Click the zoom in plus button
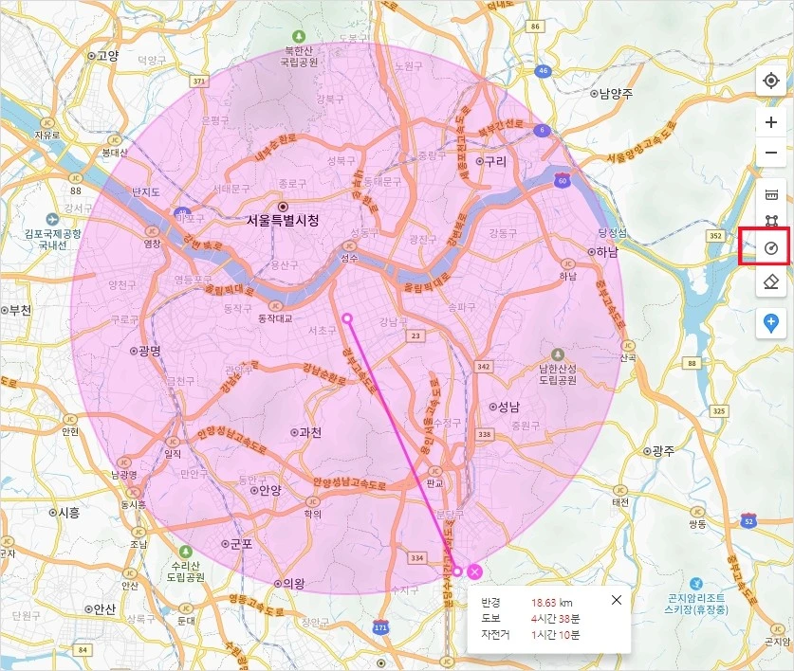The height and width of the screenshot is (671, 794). coord(771,122)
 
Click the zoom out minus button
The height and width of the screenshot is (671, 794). coord(771,152)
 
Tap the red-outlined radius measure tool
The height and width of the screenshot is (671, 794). coord(771,249)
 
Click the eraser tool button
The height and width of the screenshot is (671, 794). coord(771,281)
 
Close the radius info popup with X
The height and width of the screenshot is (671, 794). coord(617,600)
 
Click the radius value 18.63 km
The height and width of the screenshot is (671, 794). coord(552,602)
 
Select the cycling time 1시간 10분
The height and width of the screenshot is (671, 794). coord(558,634)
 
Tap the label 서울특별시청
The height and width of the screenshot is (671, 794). coord(283,220)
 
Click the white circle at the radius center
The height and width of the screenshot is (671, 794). coord(347,318)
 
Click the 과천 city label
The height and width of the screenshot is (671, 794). coord(309,432)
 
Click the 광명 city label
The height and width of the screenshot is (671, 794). coord(150,350)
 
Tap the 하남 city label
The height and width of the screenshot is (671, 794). coord(606,252)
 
